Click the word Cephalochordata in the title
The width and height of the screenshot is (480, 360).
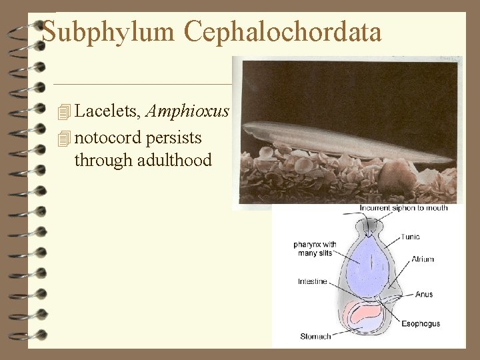[283, 31]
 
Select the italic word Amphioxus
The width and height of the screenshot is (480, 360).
[187, 111]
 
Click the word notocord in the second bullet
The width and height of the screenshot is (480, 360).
[108, 137]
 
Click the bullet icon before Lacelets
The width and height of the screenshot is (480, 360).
[64, 112]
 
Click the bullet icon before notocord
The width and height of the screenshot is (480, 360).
[64, 138]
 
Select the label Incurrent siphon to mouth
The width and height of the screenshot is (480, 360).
[403, 208]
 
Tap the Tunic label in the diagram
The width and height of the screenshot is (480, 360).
[410, 237]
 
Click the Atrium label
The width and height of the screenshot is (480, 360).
[422, 259]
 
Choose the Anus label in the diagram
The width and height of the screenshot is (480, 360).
[423, 294]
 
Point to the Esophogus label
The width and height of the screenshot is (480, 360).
[421, 324]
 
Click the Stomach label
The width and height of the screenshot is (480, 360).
[315, 336]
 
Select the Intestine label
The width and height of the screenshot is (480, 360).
[313, 281]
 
